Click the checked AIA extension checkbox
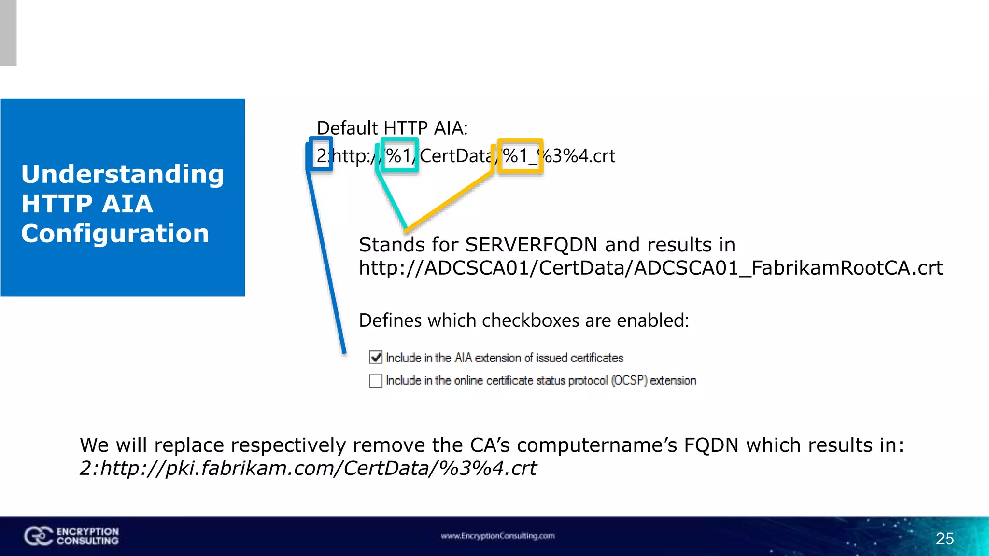[376, 357]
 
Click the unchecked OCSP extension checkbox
[376, 381]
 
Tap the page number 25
[945, 539]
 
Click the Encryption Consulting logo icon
[38, 536]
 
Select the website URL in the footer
[497, 536]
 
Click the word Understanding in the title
[123, 174]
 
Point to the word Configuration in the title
[115, 234]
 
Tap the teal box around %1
[399, 155]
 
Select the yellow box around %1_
[520, 155]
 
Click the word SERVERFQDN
[531, 245]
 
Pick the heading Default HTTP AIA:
[392, 128]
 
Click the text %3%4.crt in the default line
[579, 156]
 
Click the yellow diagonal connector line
[449, 200]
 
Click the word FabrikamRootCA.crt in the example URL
[847, 268]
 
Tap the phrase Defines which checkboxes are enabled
[523, 320]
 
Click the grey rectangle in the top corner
[8, 33]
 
